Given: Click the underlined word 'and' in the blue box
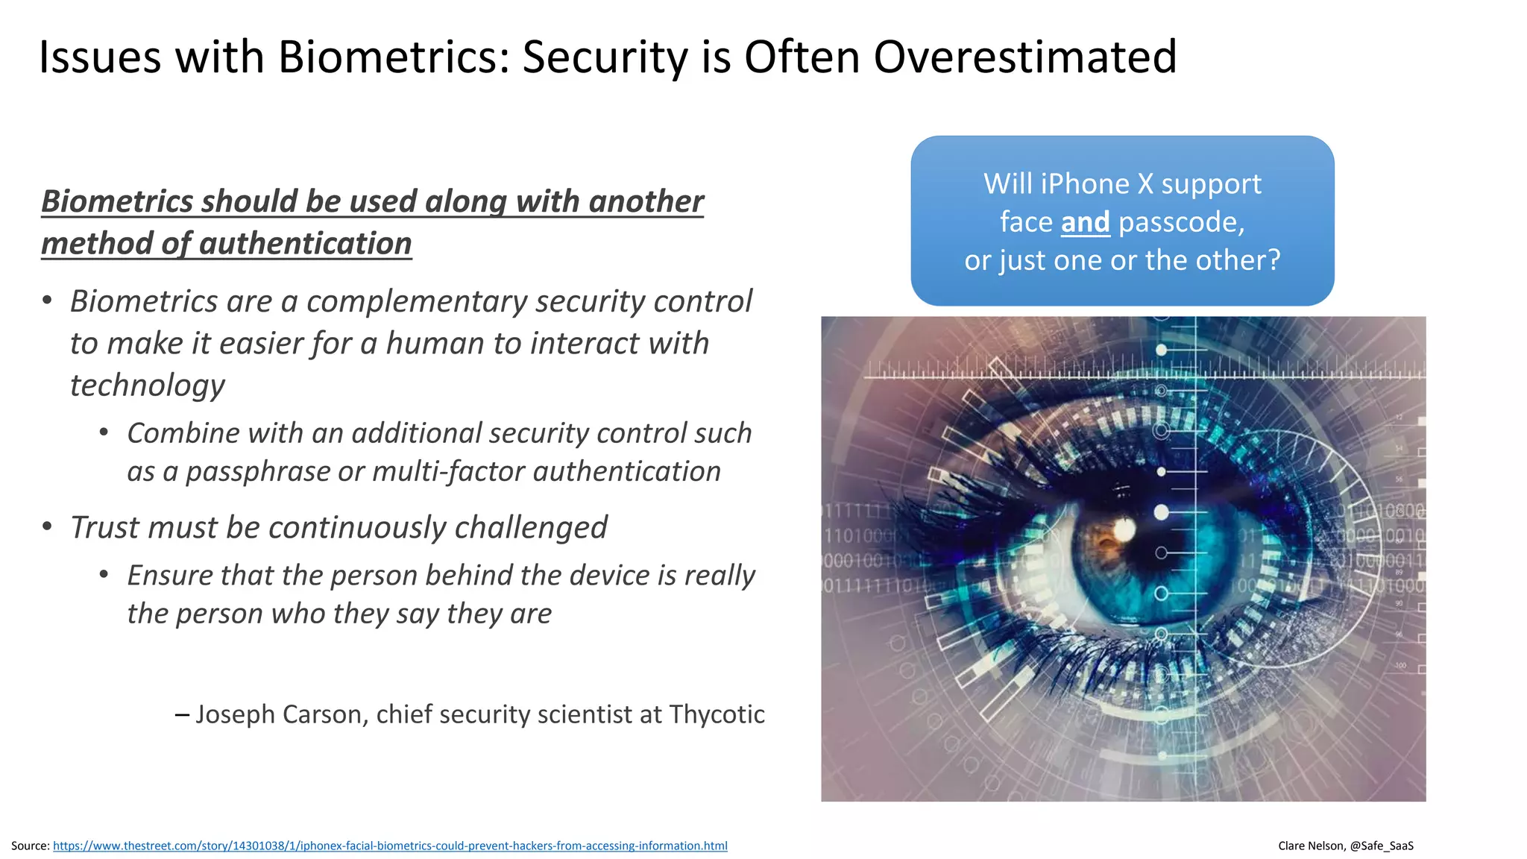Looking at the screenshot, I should [x=1085, y=222].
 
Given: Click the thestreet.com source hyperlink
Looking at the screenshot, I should [x=390, y=846].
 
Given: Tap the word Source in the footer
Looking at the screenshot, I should [x=29, y=846].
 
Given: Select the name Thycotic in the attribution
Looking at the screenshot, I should [x=717, y=714].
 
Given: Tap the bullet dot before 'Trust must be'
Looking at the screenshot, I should [x=48, y=526].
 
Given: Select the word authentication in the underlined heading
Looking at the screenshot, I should [x=306, y=244].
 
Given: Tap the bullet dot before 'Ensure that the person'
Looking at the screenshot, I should [x=104, y=574].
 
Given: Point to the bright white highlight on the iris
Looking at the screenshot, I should [x=1124, y=530].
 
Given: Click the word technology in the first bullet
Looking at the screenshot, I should [x=148, y=386].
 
